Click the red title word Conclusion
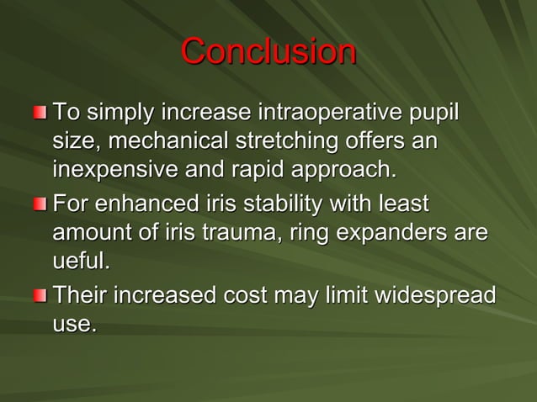[x=268, y=52]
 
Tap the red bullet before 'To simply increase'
[x=41, y=112]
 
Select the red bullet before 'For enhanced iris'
[x=41, y=204]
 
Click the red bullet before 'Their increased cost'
[x=41, y=297]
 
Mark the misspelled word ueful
[x=81, y=261]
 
